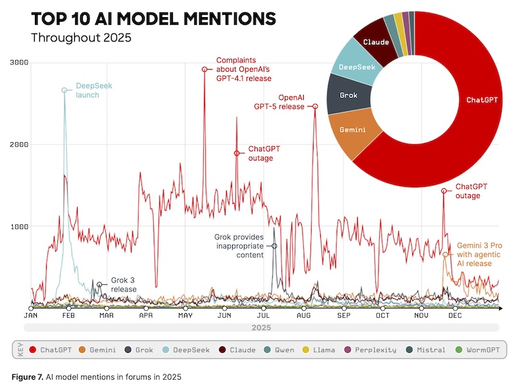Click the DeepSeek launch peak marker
click(x=64, y=90)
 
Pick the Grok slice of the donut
click(x=348, y=95)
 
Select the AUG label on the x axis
click(x=303, y=316)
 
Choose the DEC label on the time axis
click(x=454, y=316)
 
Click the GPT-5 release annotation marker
click(x=315, y=106)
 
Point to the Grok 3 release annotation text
click(x=123, y=284)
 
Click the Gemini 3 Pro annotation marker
click(x=445, y=254)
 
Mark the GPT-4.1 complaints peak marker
click(x=204, y=69)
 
